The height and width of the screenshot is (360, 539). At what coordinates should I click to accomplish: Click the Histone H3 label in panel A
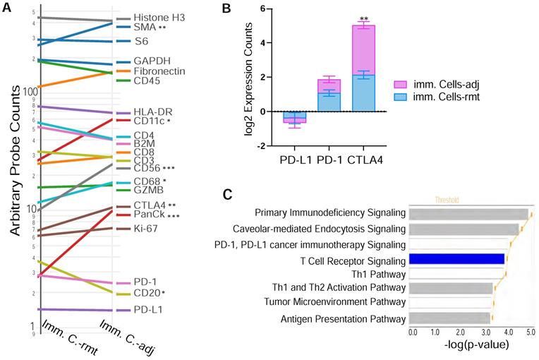pos(159,17)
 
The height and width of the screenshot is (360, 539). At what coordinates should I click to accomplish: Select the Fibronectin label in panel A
pos(160,71)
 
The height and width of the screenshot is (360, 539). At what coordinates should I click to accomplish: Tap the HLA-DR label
pos(153,112)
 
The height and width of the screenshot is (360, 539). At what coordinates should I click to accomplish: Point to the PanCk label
pos(150,215)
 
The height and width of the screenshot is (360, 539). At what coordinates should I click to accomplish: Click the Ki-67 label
pos(147,228)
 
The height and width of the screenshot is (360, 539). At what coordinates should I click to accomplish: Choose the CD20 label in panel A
pos(147,293)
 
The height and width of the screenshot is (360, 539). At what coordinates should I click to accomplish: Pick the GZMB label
pos(149,189)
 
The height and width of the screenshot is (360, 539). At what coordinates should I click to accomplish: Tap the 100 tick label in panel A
pos(27,91)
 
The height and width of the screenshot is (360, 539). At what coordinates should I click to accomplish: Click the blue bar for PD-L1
pos(295,116)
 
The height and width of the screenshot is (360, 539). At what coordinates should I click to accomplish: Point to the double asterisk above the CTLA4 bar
pos(363,18)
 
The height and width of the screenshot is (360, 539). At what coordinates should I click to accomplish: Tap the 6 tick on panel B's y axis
pos(262,9)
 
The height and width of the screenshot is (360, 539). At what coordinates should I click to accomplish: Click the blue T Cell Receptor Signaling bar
pos(456,259)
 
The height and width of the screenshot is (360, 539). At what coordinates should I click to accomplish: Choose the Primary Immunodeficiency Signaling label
pos(329,212)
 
